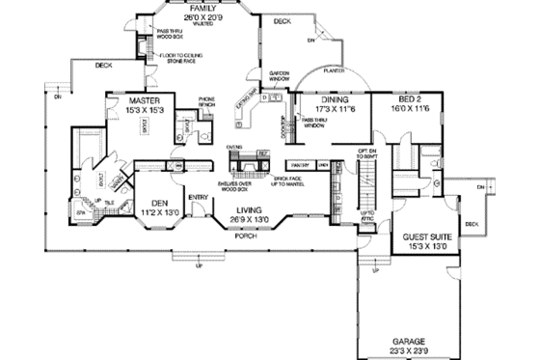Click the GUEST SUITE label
(425, 240)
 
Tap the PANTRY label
(299, 165)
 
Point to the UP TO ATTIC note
(366, 217)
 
